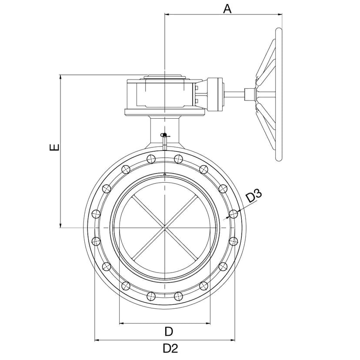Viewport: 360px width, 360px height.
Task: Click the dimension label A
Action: pyautogui.click(x=227, y=9)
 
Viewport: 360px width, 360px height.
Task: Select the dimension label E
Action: pyautogui.click(x=55, y=147)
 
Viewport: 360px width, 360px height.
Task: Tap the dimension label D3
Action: pyautogui.click(x=254, y=196)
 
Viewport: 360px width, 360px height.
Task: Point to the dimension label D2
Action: pyautogui.click(x=170, y=349)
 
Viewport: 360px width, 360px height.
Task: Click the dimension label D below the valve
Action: pyautogui.click(x=169, y=332)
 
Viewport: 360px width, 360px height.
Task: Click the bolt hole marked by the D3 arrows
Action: pyautogui.click(x=233, y=214)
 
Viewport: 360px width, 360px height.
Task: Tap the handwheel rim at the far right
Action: pyautogui.click(x=279, y=94)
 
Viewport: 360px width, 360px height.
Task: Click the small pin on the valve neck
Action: pyautogui.click(x=165, y=141)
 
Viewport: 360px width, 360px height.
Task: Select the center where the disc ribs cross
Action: pyautogui.click(x=165, y=227)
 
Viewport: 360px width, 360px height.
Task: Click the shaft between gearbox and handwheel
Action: pyautogui.click(x=234, y=94)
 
